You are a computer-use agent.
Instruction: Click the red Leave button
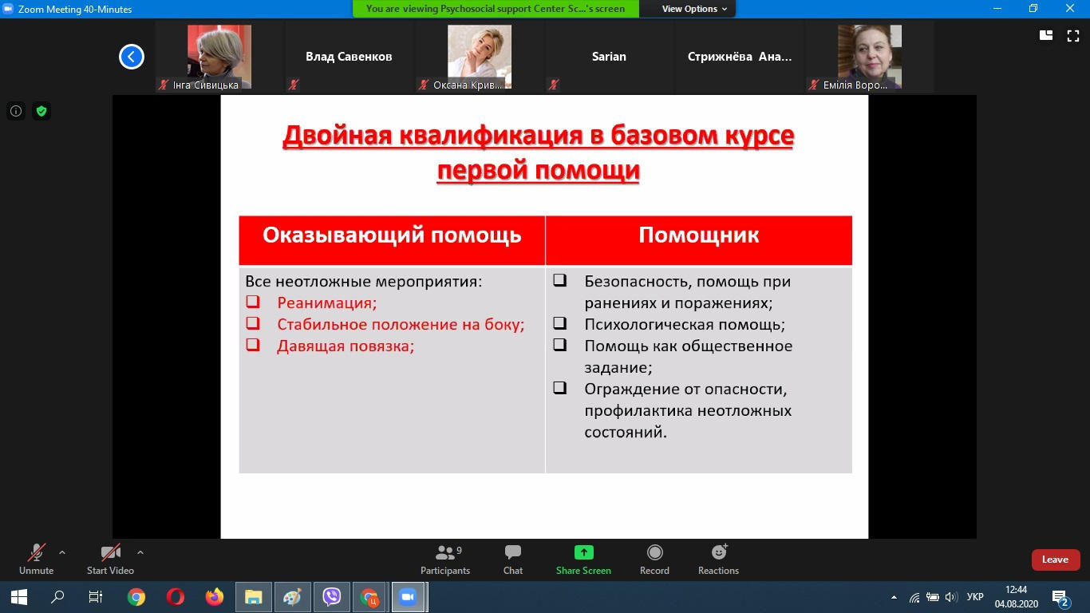pos(1056,560)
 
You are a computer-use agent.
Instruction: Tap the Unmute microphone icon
pos(37,552)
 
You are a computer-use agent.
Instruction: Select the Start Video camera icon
pos(110,552)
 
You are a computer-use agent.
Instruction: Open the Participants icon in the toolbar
pos(444,552)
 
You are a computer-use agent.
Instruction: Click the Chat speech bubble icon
pos(513,552)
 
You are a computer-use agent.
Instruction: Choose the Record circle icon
pos(654,552)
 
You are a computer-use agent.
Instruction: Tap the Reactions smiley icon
pos(719,552)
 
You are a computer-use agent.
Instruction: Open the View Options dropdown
pos(694,9)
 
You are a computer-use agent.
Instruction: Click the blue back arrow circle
pos(132,57)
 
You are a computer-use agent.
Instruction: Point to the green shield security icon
pos(41,111)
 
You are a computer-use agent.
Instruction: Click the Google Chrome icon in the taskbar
pos(136,597)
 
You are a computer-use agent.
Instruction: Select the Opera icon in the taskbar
pos(176,597)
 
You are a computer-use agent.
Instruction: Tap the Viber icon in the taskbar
pos(331,597)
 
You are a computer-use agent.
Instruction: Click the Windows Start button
pos(19,597)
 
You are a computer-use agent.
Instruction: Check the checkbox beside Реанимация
pos(252,302)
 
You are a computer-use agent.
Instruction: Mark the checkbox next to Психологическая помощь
pos(559,323)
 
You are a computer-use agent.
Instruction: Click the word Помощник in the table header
pos(698,235)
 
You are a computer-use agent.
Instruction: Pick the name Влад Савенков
pos(349,57)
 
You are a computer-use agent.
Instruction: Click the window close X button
pos(1070,8)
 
